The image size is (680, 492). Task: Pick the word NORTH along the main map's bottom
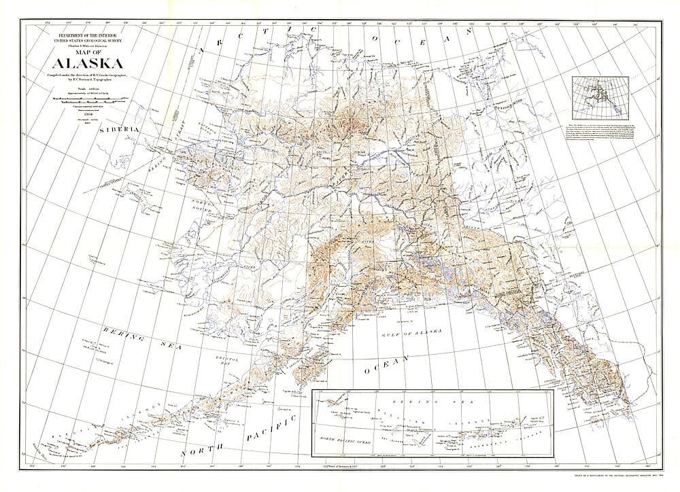coord(204,451)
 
